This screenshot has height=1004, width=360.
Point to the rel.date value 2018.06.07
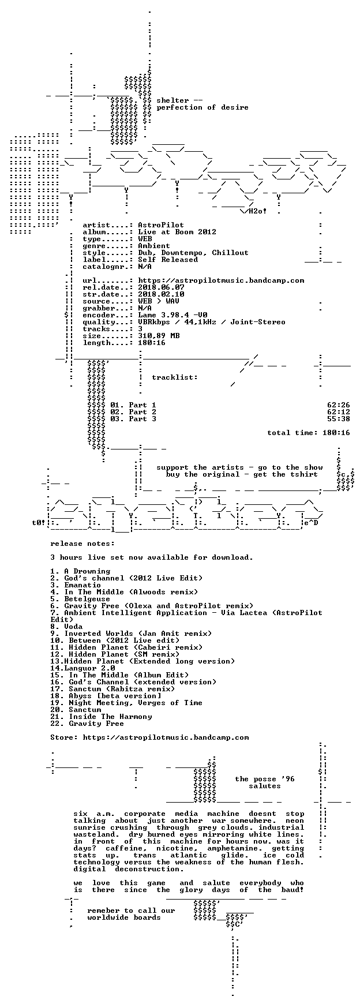[161, 287]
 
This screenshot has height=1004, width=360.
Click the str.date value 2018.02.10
[161, 294]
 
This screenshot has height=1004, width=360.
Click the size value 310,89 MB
[159, 336]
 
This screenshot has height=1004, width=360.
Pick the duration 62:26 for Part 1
[339, 405]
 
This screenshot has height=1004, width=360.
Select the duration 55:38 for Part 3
[339, 419]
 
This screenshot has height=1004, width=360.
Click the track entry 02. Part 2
[133, 412]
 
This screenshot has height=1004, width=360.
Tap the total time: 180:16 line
[309, 433]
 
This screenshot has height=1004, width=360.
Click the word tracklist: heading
[175, 377]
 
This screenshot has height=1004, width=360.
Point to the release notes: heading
[82, 544]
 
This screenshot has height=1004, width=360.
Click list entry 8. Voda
[66, 627]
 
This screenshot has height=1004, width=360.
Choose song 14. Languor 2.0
[82, 668]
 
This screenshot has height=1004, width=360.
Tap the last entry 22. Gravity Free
[87, 724]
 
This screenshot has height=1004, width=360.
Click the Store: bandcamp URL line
[149, 737]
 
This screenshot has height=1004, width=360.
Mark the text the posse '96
[265, 779]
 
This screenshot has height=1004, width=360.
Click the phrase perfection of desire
[202, 107]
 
